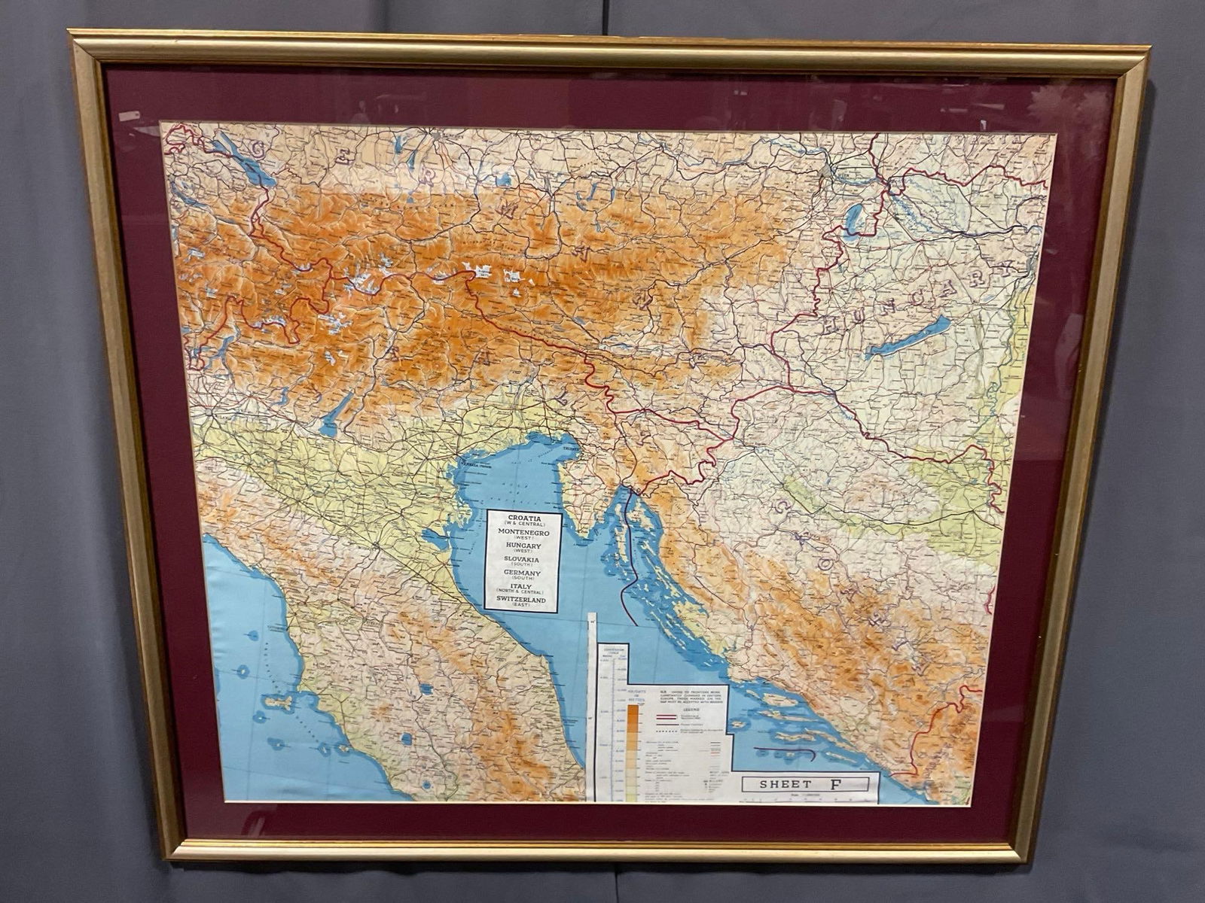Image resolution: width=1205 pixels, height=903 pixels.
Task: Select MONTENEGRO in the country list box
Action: [523, 532]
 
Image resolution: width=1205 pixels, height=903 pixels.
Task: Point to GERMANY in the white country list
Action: [523, 573]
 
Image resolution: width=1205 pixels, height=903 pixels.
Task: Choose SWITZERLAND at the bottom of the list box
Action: [523, 600]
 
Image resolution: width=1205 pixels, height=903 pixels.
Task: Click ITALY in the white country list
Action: [523, 587]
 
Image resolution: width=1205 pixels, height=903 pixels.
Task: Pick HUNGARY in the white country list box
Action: [523, 546]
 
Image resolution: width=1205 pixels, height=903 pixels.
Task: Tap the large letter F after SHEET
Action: [836, 783]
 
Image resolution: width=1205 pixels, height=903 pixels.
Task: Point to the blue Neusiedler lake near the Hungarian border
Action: [855, 218]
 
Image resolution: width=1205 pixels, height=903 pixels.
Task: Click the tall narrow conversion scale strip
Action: [591, 707]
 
